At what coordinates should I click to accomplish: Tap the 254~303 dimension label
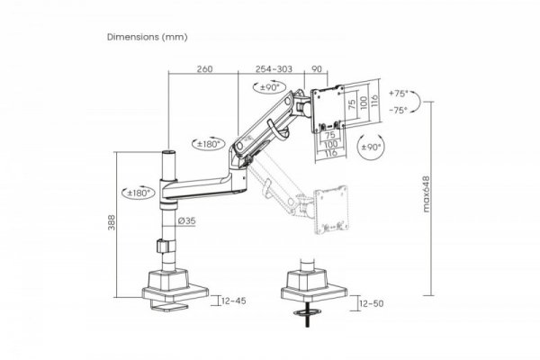tap(273, 69)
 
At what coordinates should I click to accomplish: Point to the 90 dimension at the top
tap(316, 69)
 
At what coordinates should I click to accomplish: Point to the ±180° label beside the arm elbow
tap(209, 141)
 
